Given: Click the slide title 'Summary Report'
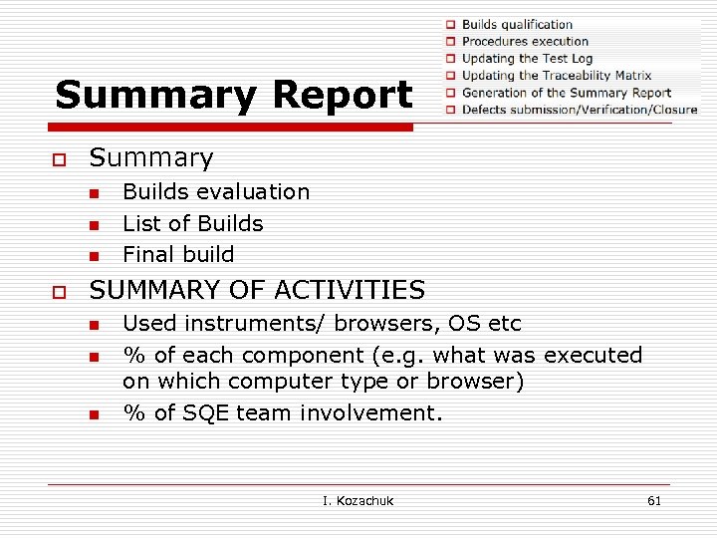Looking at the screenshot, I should [x=233, y=95].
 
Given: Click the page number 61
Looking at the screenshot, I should [x=654, y=500].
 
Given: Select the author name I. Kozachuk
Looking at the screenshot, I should [x=358, y=500].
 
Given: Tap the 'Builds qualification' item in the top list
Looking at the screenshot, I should [x=517, y=24].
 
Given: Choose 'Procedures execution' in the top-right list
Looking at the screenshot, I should [x=525, y=41].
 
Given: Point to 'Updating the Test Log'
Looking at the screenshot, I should [x=527, y=58].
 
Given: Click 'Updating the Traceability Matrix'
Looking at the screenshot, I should [x=556, y=75].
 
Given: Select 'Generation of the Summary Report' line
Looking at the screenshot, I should [x=566, y=93].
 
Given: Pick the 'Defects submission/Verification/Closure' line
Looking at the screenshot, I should [x=579, y=110].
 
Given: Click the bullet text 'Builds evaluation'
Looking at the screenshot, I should [x=216, y=191].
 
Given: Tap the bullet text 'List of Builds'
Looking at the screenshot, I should [x=192, y=223].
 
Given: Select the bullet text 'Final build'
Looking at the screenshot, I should [x=178, y=254].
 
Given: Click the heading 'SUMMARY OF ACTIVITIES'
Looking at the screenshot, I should [x=257, y=290].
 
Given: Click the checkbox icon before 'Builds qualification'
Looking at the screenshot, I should [x=450, y=25].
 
